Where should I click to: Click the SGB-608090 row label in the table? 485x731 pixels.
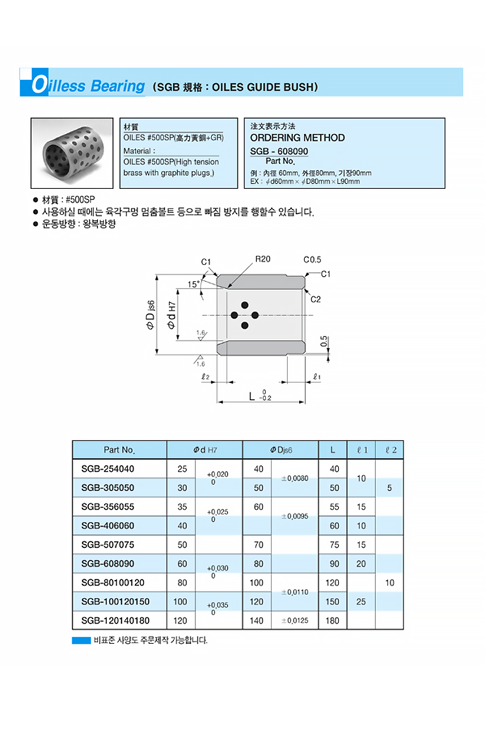[x=108, y=563]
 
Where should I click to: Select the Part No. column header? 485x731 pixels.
[x=119, y=450]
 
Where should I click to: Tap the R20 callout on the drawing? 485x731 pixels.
[x=263, y=260]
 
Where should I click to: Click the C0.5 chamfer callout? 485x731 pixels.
[x=312, y=260]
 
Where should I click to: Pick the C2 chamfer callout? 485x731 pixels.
[x=315, y=299]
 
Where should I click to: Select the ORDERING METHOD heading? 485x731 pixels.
[x=297, y=138]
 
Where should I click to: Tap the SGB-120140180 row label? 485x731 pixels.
[x=116, y=621]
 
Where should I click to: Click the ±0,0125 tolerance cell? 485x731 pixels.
[x=294, y=621]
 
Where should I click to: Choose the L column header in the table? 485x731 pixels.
[x=333, y=450]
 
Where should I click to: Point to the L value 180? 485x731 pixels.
[x=334, y=621]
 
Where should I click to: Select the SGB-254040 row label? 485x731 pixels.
[x=108, y=469]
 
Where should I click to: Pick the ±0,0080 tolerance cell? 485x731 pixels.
[x=294, y=478]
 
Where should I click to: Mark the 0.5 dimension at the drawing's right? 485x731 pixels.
[x=324, y=341]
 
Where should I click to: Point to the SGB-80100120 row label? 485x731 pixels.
[x=112, y=583]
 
